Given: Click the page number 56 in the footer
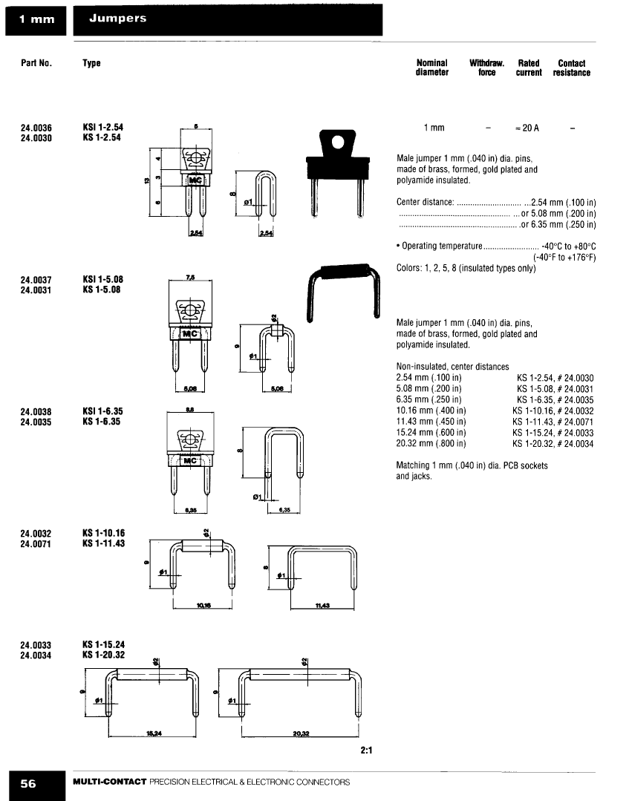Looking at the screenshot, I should pos(28,783).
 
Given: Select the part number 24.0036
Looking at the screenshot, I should pos(36,128).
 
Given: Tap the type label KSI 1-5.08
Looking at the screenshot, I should pos(103,280).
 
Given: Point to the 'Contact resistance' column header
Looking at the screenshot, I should pos(571,68).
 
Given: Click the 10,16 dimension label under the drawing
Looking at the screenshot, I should pos(204,606).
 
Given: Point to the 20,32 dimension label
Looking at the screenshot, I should pos(302,735).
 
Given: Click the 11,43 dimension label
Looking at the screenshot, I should pos(322,606).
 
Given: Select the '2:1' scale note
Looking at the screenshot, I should pos(365,750).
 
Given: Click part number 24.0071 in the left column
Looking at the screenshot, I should pos(36,543).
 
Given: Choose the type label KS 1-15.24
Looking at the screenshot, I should pos(104,644).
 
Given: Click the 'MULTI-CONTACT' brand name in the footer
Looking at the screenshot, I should pos(109,782).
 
